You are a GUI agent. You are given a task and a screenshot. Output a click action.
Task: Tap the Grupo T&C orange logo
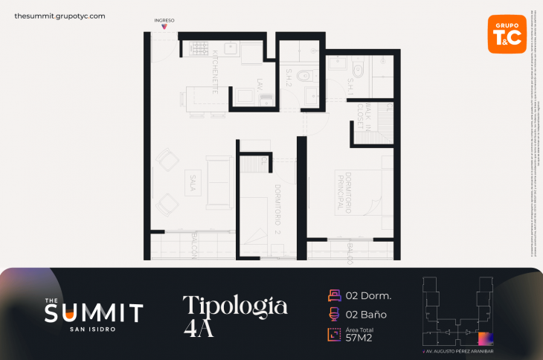(x=507, y=33)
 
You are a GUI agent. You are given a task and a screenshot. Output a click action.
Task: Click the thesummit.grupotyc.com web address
(x=60, y=16)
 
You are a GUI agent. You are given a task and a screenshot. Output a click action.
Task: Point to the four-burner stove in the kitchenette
(x=200, y=49)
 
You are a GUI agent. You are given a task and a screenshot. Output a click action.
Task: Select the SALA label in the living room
(x=193, y=182)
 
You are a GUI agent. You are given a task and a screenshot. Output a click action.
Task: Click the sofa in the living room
(x=219, y=182)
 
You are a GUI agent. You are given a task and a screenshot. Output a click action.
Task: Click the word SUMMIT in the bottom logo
(x=94, y=312)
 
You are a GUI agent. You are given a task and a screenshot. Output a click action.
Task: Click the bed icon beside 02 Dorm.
(x=334, y=295)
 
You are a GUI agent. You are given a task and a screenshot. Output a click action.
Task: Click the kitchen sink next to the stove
(x=228, y=50)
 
